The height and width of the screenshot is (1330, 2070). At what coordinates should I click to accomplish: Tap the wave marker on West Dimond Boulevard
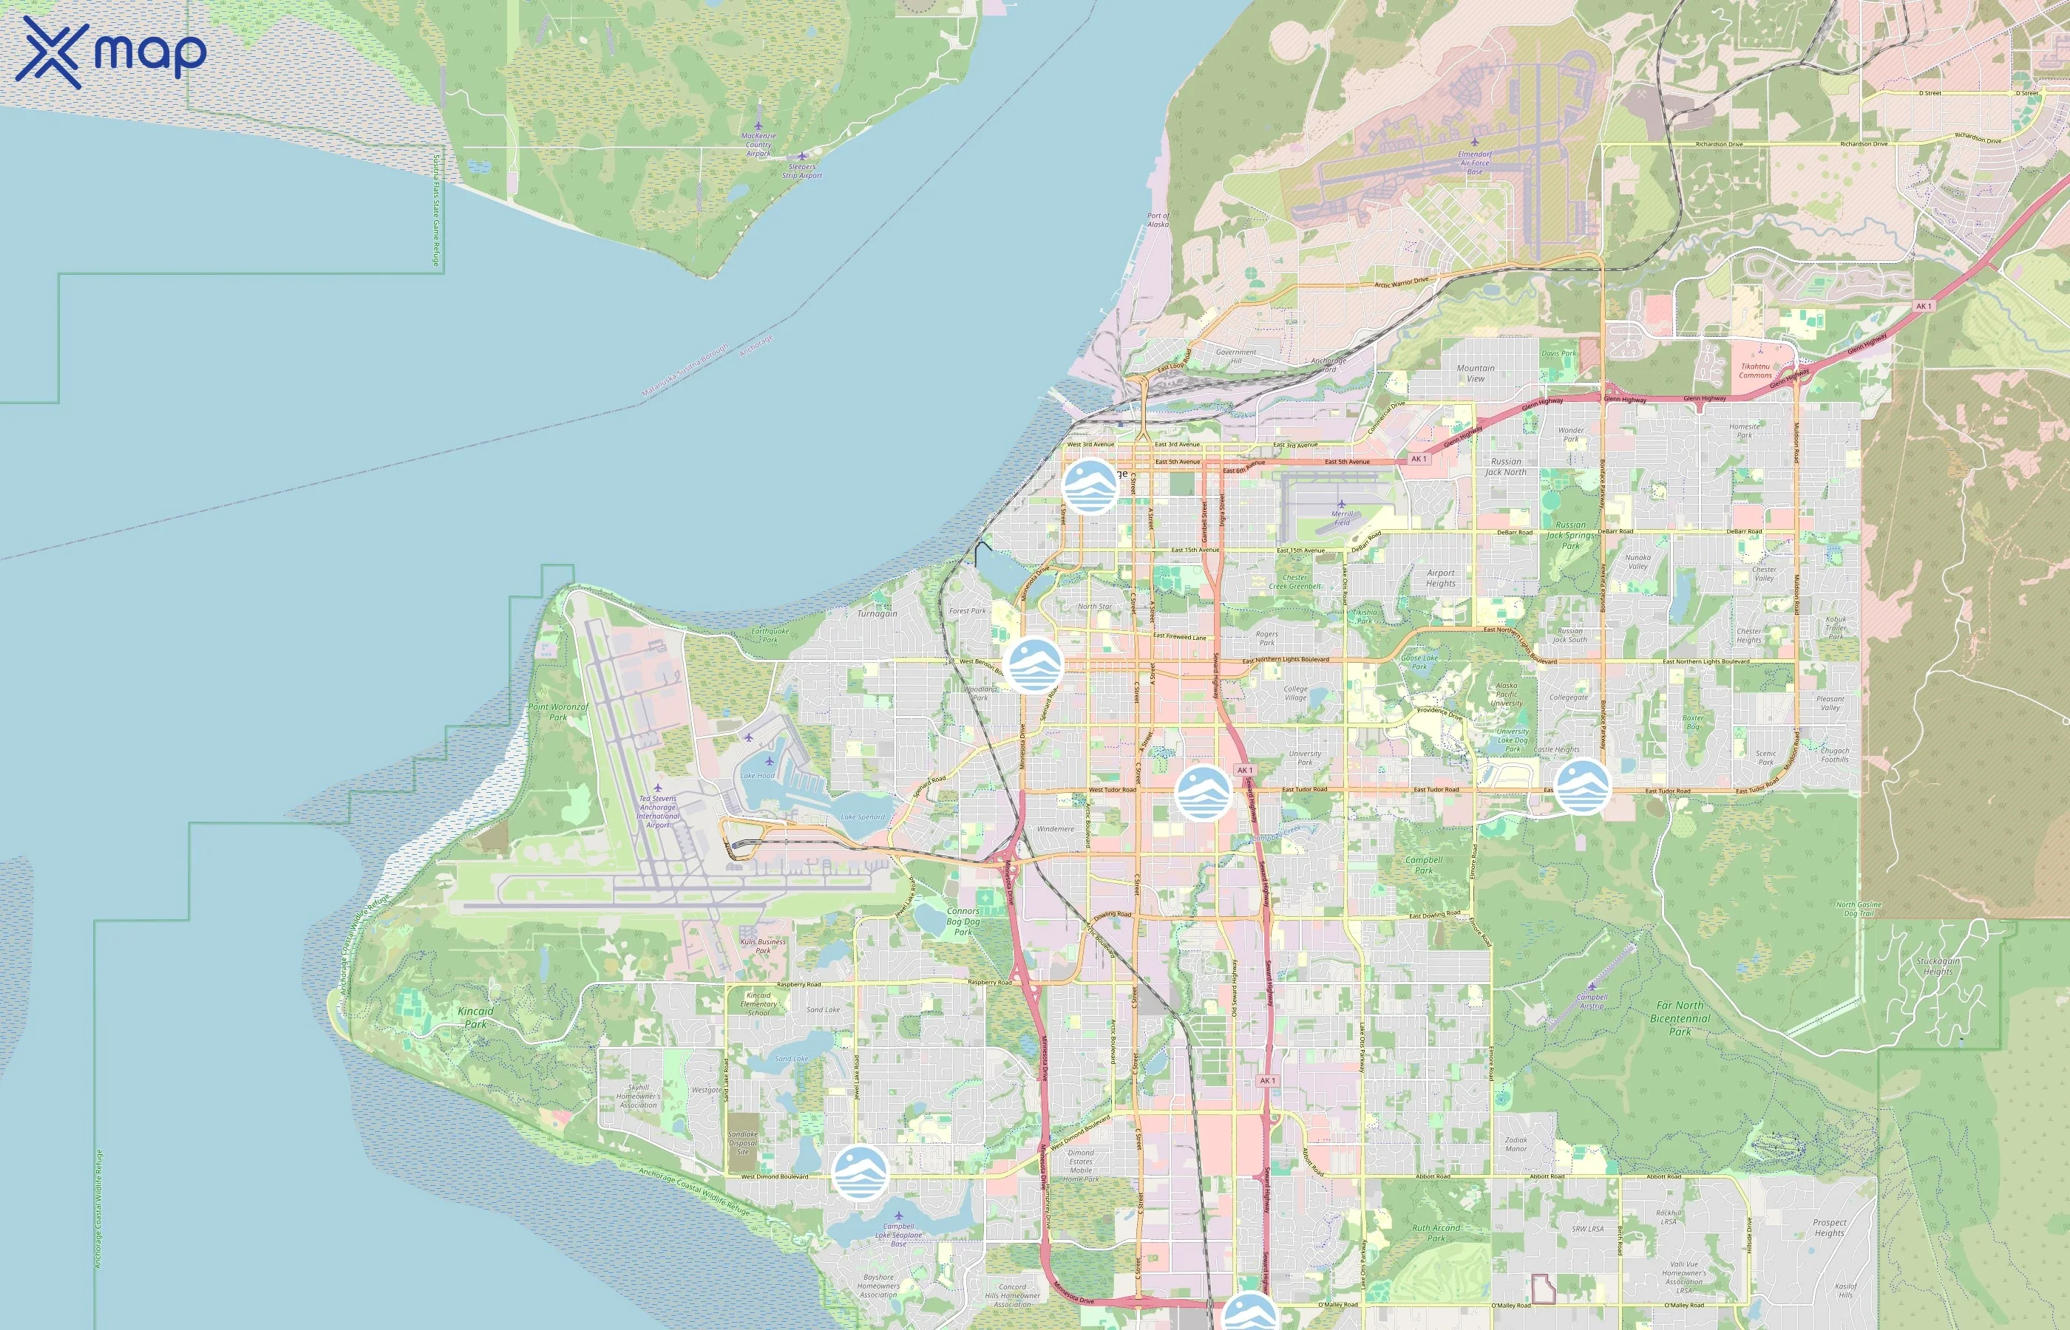(x=861, y=1173)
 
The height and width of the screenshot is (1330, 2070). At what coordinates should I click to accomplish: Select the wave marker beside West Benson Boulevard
(x=1034, y=664)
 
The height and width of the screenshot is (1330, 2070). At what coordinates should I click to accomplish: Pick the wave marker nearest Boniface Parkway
(x=1582, y=787)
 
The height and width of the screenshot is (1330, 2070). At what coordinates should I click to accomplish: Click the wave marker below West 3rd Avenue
(x=1090, y=486)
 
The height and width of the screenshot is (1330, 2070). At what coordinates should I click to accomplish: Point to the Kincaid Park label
(x=475, y=1017)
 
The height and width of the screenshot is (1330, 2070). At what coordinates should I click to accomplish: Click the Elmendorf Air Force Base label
(x=1474, y=163)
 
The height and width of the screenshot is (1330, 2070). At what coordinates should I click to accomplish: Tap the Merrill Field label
(x=1342, y=517)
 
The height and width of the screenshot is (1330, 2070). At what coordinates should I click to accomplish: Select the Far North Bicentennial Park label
(x=1680, y=1018)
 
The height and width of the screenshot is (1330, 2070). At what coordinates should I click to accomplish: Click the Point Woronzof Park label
(x=558, y=712)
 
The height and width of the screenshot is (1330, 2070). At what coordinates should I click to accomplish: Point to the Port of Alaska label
(x=1158, y=219)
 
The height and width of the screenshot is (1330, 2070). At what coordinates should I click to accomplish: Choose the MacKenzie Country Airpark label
(x=759, y=144)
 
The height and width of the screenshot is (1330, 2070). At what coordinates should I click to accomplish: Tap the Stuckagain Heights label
(x=1938, y=966)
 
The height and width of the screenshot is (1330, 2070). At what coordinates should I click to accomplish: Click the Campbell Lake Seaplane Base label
(x=898, y=1234)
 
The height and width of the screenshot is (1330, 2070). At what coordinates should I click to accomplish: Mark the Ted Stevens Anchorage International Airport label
(x=657, y=812)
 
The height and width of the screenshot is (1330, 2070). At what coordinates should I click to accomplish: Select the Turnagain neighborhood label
(x=877, y=613)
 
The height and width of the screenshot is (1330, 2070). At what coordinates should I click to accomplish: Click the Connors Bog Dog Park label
(x=963, y=921)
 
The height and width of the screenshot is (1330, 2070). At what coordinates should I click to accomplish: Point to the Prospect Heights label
(x=1829, y=1227)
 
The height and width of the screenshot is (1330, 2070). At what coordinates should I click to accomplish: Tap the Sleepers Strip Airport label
(x=801, y=171)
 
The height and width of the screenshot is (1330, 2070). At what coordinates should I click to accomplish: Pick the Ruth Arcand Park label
(x=1436, y=1232)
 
